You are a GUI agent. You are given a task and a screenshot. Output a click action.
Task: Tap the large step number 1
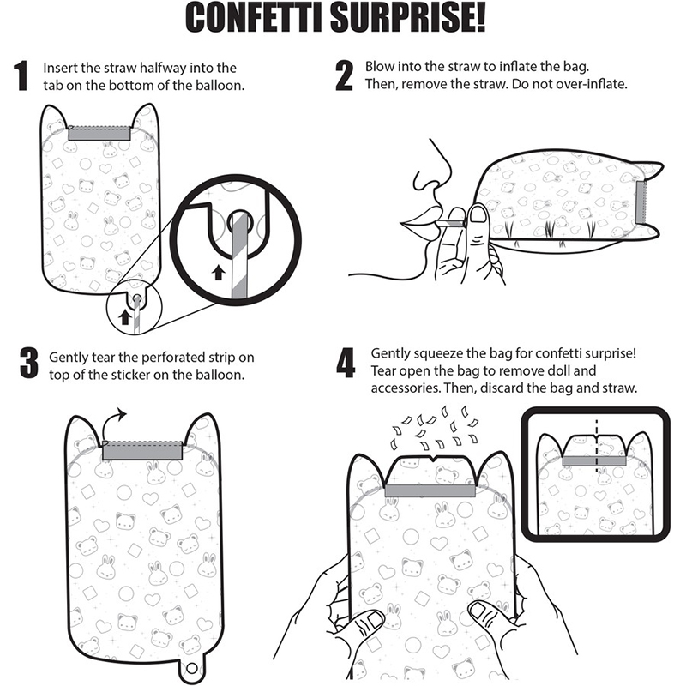(22, 76)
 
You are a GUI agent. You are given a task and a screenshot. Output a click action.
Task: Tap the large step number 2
(345, 76)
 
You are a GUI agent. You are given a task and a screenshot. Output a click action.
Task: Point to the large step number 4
(346, 363)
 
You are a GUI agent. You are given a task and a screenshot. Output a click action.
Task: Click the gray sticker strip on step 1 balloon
(99, 134)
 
